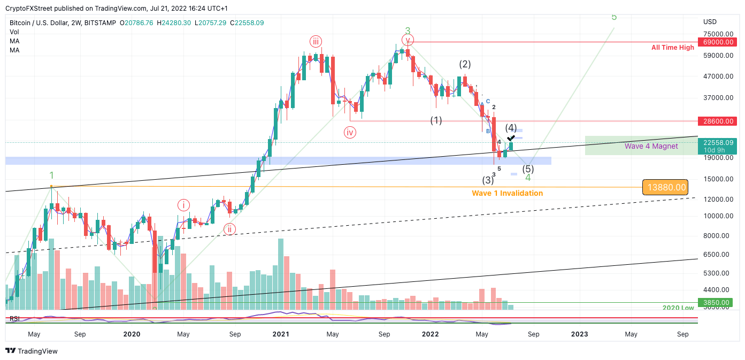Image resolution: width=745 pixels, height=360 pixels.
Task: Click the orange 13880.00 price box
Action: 665,187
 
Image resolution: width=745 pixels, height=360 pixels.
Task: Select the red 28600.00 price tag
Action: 718,121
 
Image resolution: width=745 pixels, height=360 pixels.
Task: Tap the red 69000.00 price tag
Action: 718,42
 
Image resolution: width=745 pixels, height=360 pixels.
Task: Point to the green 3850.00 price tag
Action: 718,302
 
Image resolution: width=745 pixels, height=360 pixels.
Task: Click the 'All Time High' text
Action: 672,48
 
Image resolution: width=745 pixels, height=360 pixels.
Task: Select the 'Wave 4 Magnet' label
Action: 651,146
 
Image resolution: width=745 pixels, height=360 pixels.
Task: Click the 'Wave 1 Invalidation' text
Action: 507,193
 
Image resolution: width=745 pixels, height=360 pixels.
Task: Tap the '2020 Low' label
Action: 678,308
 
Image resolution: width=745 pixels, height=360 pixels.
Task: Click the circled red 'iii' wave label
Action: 316,41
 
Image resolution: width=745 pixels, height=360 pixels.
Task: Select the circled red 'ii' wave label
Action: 229,229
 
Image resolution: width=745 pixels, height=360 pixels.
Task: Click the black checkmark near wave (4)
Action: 511,139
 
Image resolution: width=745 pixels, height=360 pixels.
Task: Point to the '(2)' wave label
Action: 465,64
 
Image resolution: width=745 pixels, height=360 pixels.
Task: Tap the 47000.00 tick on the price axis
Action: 718,76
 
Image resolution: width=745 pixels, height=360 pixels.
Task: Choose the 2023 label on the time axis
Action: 579,334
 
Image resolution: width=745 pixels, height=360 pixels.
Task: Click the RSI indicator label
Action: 14,319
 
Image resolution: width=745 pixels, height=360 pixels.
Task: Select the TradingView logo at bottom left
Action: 32,351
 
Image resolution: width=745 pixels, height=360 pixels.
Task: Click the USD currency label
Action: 710,22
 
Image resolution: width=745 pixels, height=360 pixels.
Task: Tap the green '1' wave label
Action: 51,175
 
